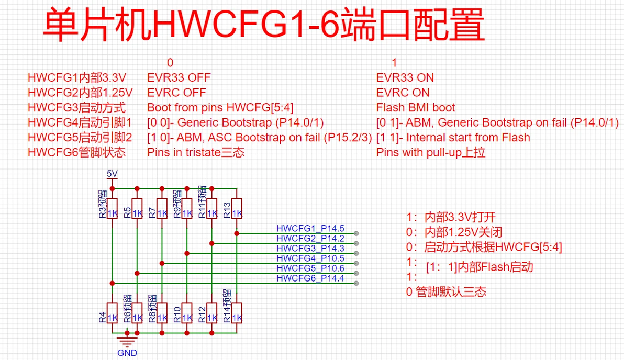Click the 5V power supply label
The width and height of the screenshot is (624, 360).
(112, 173)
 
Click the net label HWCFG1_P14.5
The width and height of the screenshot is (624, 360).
(310, 229)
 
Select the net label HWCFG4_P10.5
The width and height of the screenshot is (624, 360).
(310, 258)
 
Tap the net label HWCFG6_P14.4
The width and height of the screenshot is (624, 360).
(310, 278)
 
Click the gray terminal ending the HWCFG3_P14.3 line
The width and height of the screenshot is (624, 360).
(356, 253)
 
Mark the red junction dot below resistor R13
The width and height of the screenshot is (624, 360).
(237, 233)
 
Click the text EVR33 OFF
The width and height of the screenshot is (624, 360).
(179, 78)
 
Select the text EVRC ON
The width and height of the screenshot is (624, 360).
(403, 93)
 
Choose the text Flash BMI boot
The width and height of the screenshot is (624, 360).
(416, 108)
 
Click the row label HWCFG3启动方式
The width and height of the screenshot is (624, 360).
(76, 108)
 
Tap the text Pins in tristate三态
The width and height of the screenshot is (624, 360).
(196, 152)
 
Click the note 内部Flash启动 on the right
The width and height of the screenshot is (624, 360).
(495, 267)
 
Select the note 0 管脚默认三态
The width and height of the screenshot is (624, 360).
(446, 292)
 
